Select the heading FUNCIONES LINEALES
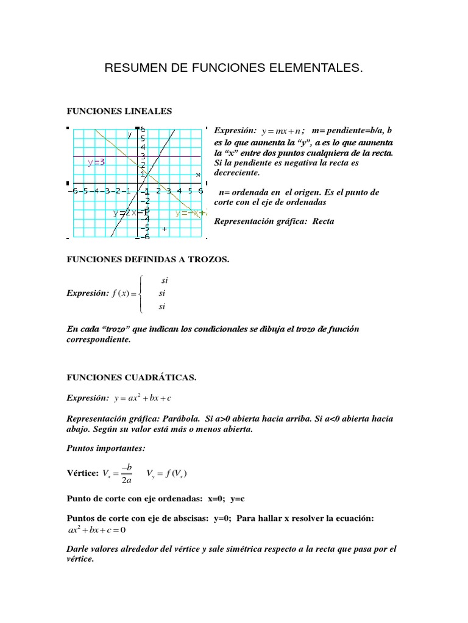pos(119,111)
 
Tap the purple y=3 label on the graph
pos(96,162)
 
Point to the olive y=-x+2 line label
pos(190,213)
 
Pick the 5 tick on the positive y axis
pos(143,138)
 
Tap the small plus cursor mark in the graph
pos(165,229)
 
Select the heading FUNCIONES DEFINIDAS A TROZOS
pos(147,259)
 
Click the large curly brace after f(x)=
pos(141,293)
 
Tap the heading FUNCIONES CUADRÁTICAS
pos(131,377)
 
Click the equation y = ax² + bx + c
pos(143,398)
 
